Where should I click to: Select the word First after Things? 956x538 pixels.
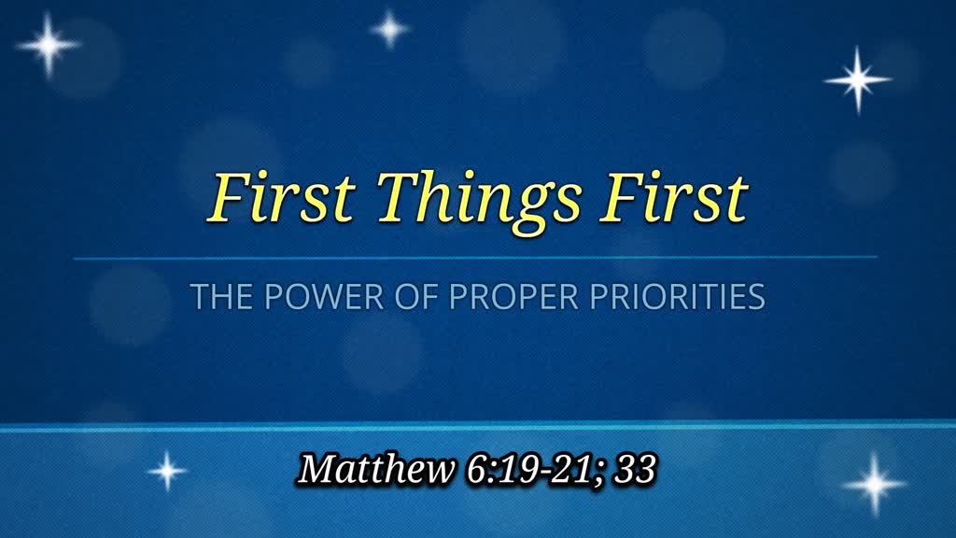tap(673, 197)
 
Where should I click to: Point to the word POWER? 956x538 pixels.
tap(302, 297)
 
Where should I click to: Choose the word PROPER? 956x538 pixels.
tap(485, 297)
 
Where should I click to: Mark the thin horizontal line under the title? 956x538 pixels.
tap(475, 257)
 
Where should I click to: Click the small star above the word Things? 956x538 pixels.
tap(389, 28)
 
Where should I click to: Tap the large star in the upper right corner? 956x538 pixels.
tap(857, 79)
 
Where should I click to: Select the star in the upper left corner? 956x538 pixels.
tap(48, 44)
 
